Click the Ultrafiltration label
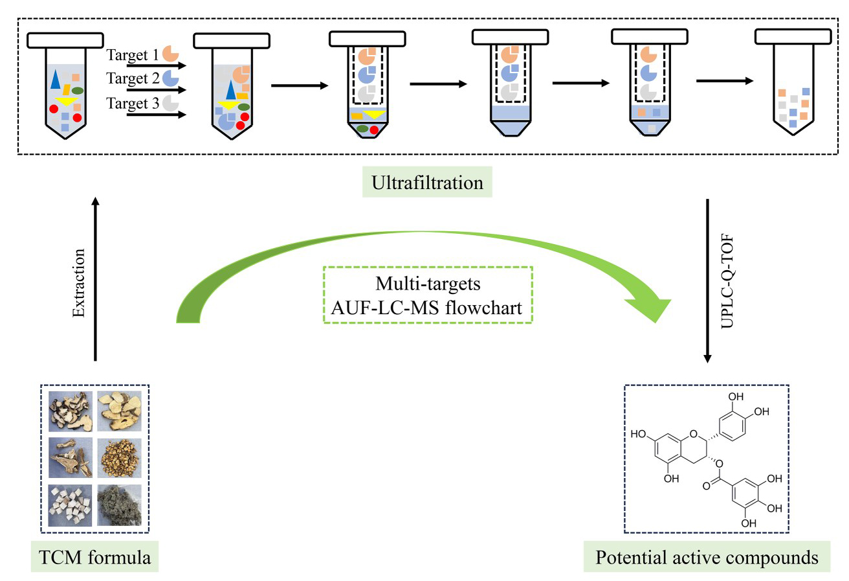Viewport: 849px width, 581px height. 427,182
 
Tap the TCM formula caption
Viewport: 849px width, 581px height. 94,557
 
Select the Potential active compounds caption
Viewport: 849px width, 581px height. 707,557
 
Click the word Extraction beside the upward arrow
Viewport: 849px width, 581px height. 78,283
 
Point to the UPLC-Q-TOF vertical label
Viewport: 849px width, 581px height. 727,281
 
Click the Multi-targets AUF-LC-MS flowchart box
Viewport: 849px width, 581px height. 428,295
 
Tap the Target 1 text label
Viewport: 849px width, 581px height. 132,55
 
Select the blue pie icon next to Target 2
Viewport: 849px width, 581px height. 171,78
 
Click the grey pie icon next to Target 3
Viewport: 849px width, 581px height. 171,103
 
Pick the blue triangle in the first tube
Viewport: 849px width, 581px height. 56,80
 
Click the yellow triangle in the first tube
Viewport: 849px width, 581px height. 67,101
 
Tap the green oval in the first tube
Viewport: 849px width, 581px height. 77,91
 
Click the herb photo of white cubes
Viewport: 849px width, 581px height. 70,505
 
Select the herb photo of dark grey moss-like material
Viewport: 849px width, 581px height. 119,505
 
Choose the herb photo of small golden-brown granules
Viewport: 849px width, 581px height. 119,458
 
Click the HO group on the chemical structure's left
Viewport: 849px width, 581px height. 638,434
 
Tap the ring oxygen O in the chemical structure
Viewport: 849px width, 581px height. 694,434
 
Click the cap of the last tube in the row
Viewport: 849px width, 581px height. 793,37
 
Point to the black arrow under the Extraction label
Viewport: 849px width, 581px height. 96,279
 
